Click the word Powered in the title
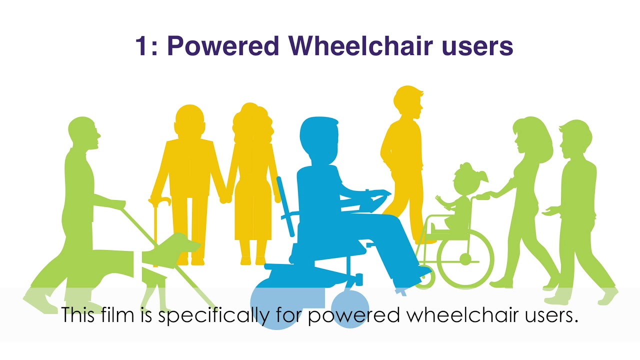(222, 46)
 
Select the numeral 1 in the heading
(142, 46)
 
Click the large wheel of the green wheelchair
(465, 259)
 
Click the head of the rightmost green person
(575, 137)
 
